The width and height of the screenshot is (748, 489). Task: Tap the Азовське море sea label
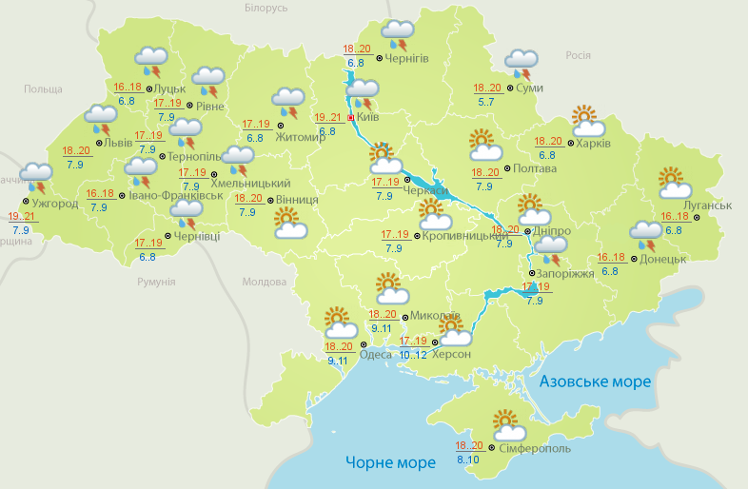point(595,381)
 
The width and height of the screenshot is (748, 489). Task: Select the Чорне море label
point(390,462)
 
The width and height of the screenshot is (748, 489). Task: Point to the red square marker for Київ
point(350,118)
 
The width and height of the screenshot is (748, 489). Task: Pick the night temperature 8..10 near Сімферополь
point(468,460)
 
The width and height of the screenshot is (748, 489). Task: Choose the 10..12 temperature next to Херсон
point(413,355)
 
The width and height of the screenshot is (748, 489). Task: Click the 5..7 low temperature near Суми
point(485,102)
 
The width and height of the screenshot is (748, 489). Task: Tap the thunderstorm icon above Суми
point(522,64)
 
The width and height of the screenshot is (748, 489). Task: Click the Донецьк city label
point(662,258)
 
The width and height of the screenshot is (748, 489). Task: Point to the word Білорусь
point(266,8)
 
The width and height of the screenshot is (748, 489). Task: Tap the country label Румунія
point(156,283)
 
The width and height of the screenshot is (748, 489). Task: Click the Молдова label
point(264,283)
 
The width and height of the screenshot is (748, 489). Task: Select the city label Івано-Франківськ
point(176,195)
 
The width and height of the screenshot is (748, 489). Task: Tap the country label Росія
point(579,55)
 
